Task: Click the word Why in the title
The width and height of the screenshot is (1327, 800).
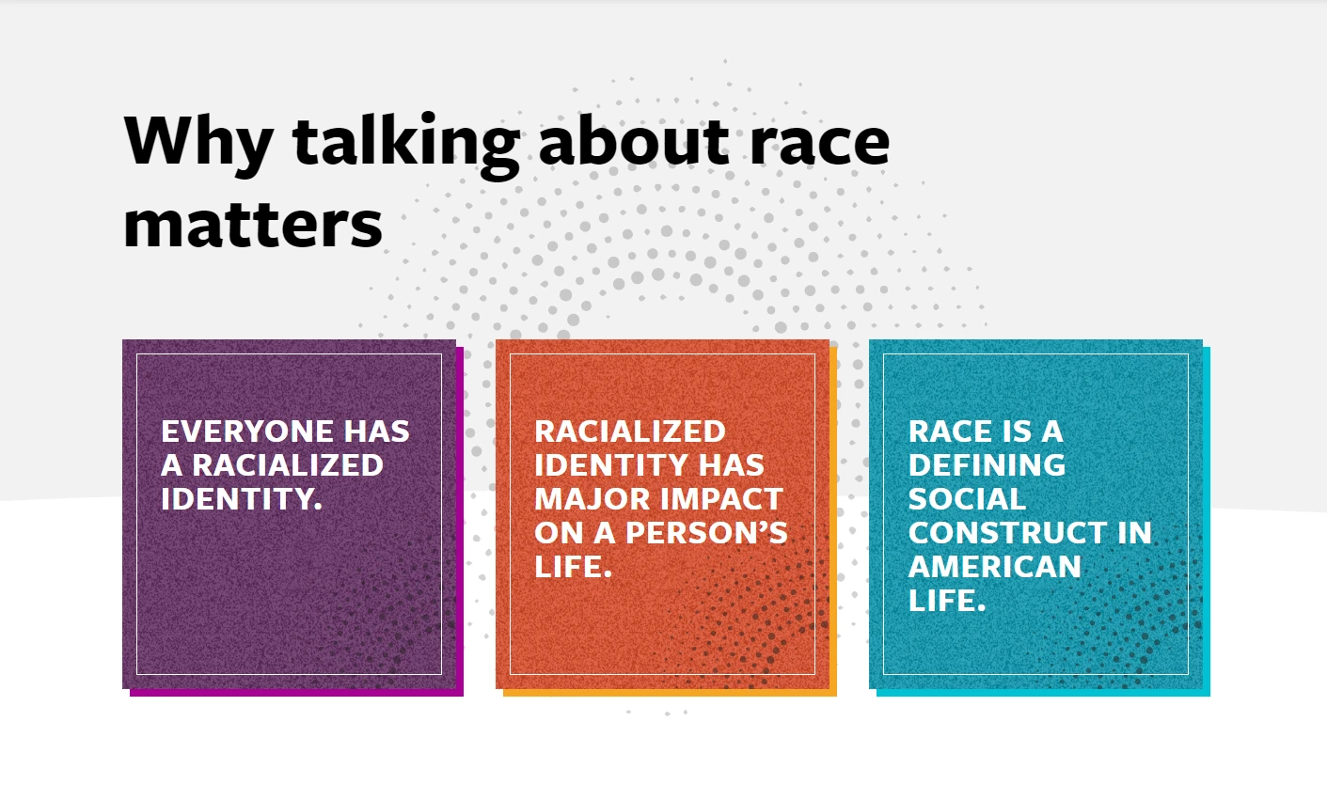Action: click(198, 143)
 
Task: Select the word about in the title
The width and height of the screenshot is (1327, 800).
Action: click(634, 140)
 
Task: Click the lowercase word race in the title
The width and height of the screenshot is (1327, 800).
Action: click(820, 145)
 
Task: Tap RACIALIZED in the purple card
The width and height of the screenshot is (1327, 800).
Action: click(288, 464)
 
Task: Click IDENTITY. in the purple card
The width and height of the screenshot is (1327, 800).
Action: click(242, 498)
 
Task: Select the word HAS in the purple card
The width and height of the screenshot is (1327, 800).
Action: click(377, 431)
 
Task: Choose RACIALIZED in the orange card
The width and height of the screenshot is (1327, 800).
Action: click(630, 431)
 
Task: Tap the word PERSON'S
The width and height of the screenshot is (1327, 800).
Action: click(706, 532)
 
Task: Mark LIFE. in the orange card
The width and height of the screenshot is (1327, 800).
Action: click(573, 566)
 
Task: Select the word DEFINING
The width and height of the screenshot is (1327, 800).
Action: click(987, 464)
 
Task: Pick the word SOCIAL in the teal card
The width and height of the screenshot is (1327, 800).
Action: click(967, 498)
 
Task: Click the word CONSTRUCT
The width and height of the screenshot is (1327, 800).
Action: click(1007, 532)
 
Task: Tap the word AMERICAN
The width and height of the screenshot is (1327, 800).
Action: click(995, 566)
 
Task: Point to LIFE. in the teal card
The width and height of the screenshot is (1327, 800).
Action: click(947, 600)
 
